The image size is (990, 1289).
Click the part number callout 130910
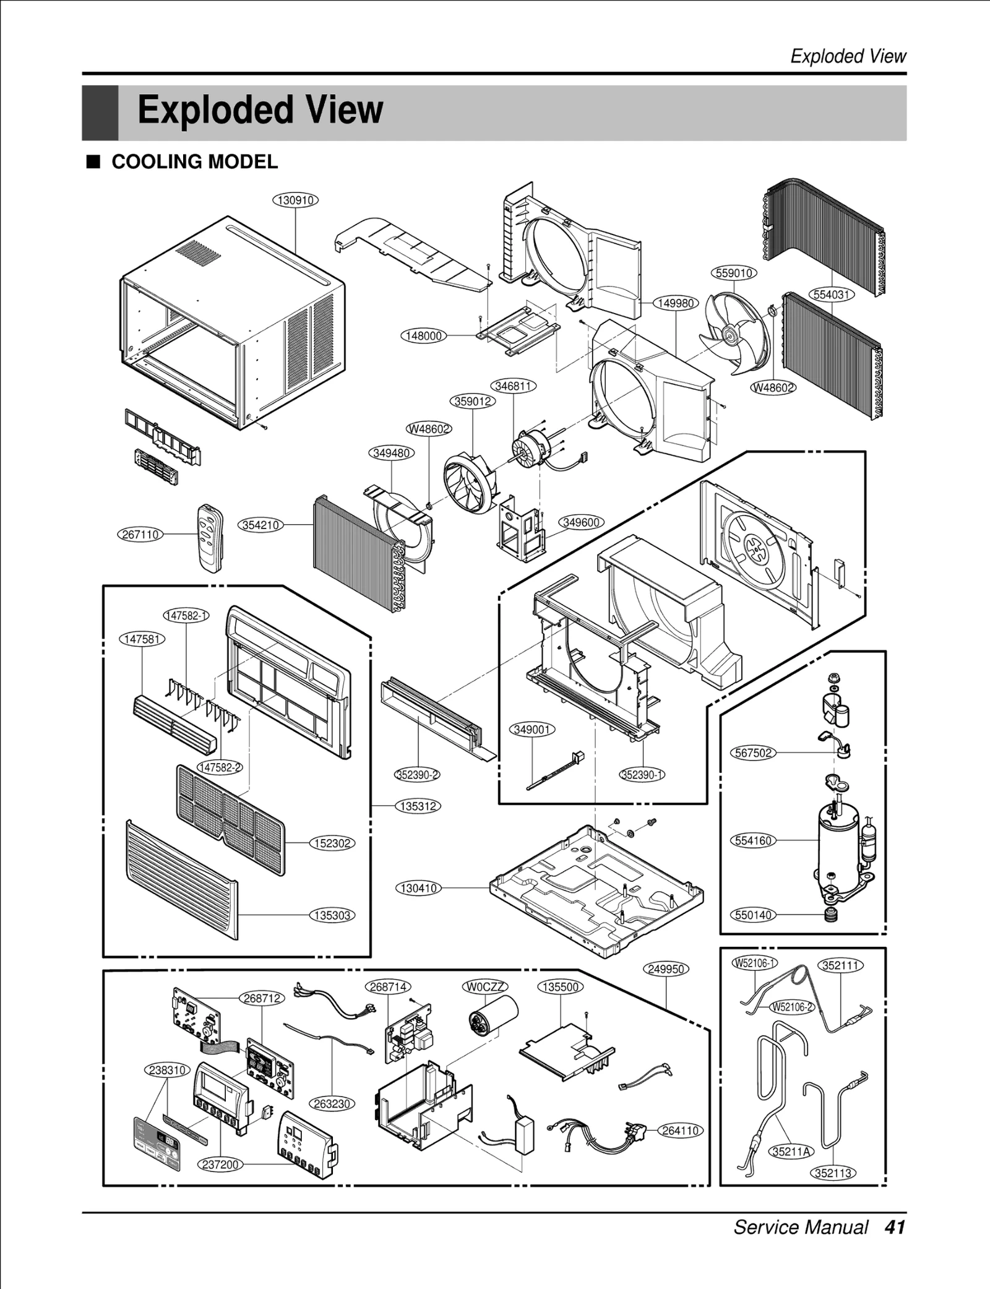point(296,200)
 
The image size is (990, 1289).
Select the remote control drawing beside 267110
point(210,538)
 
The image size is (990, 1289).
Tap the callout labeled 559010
point(734,273)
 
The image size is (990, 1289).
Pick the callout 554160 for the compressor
point(753,840)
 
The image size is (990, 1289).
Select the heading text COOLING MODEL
point(194,162)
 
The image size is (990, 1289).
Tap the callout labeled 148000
point(424,335)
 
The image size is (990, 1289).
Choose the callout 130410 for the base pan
point(419,888)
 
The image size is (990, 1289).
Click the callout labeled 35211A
point(792,1152)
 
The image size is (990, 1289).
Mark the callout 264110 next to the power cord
point(681,1131)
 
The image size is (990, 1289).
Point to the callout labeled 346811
point(514,386)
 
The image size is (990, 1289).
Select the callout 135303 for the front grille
point(332,915)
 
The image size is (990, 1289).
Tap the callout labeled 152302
point(332,843)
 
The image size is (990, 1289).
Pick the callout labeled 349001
point(532,730)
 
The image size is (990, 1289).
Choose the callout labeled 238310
point(168,1070)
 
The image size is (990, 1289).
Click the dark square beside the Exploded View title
point(100,113)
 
